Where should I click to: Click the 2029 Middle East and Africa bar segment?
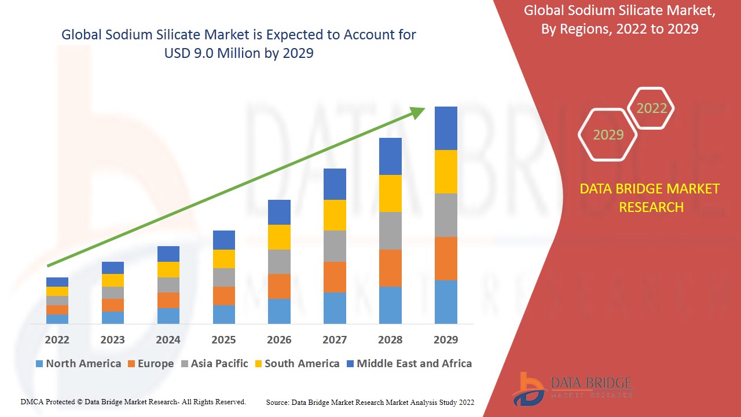[x=446, y=128]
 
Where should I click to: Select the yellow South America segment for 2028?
[x=390, y=193]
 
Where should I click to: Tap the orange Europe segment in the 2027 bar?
[x=335, y=277]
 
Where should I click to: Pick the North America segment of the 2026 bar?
[x=279, y=311]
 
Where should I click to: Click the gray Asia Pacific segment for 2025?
[x=224, y=277]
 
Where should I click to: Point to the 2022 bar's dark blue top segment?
[x=57, y=282]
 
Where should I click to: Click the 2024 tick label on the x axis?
[x=168, y=340]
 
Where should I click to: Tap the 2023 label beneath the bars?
[x=112, y=340]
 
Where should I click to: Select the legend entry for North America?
[x=78, y=364]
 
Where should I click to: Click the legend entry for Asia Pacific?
[x=214, y=364]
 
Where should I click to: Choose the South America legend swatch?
[x=258, y=364]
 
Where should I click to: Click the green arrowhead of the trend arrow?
[x=417, y=112]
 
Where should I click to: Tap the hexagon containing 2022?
[x=651, y=108]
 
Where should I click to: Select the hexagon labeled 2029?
[x=608, y=135]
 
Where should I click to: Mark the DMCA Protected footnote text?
[x=133, y=401]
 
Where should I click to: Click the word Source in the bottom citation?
[x=278, y=402]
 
